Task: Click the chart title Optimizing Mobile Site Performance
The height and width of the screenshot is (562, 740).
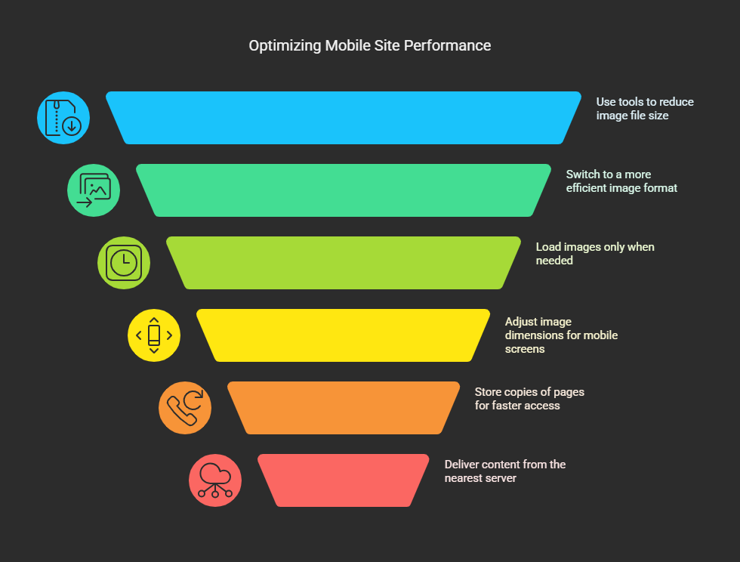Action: point(369,46)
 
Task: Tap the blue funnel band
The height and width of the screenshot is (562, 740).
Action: point(344,118)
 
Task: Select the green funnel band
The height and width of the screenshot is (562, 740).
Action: point(344,190)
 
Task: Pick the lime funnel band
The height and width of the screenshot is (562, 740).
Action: point(344,263)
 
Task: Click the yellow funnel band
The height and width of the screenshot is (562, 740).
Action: point(344,335)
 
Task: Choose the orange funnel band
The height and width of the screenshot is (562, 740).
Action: point(344,408)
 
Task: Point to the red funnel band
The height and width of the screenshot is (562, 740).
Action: point(344,480)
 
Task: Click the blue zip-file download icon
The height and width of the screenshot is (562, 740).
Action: point(63,118)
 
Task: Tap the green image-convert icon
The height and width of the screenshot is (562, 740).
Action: point(94,190)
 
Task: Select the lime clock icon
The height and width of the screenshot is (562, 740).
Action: point(124,263)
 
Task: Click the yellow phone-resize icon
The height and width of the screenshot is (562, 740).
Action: point(154,335)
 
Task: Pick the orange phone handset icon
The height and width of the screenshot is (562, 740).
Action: point(185,408)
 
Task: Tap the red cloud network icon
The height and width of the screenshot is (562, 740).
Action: point(215,480)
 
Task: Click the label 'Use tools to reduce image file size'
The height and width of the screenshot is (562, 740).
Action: point(645,109)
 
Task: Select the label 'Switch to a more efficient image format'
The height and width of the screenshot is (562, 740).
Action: point(621,181)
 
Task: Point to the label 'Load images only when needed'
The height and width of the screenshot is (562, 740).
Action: point(595,254)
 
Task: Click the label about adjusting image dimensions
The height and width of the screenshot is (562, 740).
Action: point(561,335)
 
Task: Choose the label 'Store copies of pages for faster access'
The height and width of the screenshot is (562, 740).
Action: point(529,399)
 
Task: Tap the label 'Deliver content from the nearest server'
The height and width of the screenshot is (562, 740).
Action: point(505,471)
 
